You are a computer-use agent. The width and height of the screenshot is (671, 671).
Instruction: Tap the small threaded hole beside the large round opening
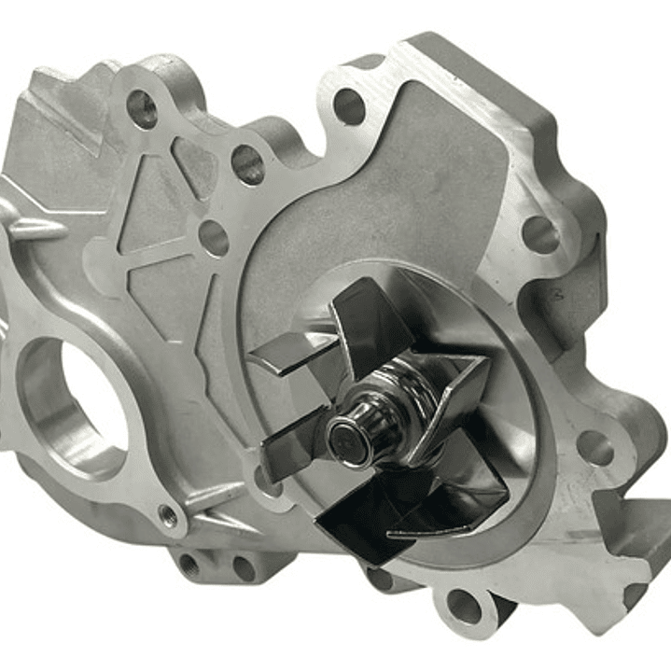(x=169, y=513)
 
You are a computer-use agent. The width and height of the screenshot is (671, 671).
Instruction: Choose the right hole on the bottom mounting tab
(x=244, y=566)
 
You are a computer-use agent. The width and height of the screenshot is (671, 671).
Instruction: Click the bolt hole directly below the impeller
(x=463, y=606)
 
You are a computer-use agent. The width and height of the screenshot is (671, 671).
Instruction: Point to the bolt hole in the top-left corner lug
(x=142, y=109)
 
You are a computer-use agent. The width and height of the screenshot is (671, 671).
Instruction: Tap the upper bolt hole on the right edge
(x=539, y=234)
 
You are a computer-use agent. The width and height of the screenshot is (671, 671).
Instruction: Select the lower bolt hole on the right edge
(x=594, y=446)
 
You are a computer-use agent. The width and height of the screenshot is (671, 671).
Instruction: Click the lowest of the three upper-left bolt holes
(x=214, y=238)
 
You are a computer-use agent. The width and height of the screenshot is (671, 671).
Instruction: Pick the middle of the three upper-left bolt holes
(x=247, y=165)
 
